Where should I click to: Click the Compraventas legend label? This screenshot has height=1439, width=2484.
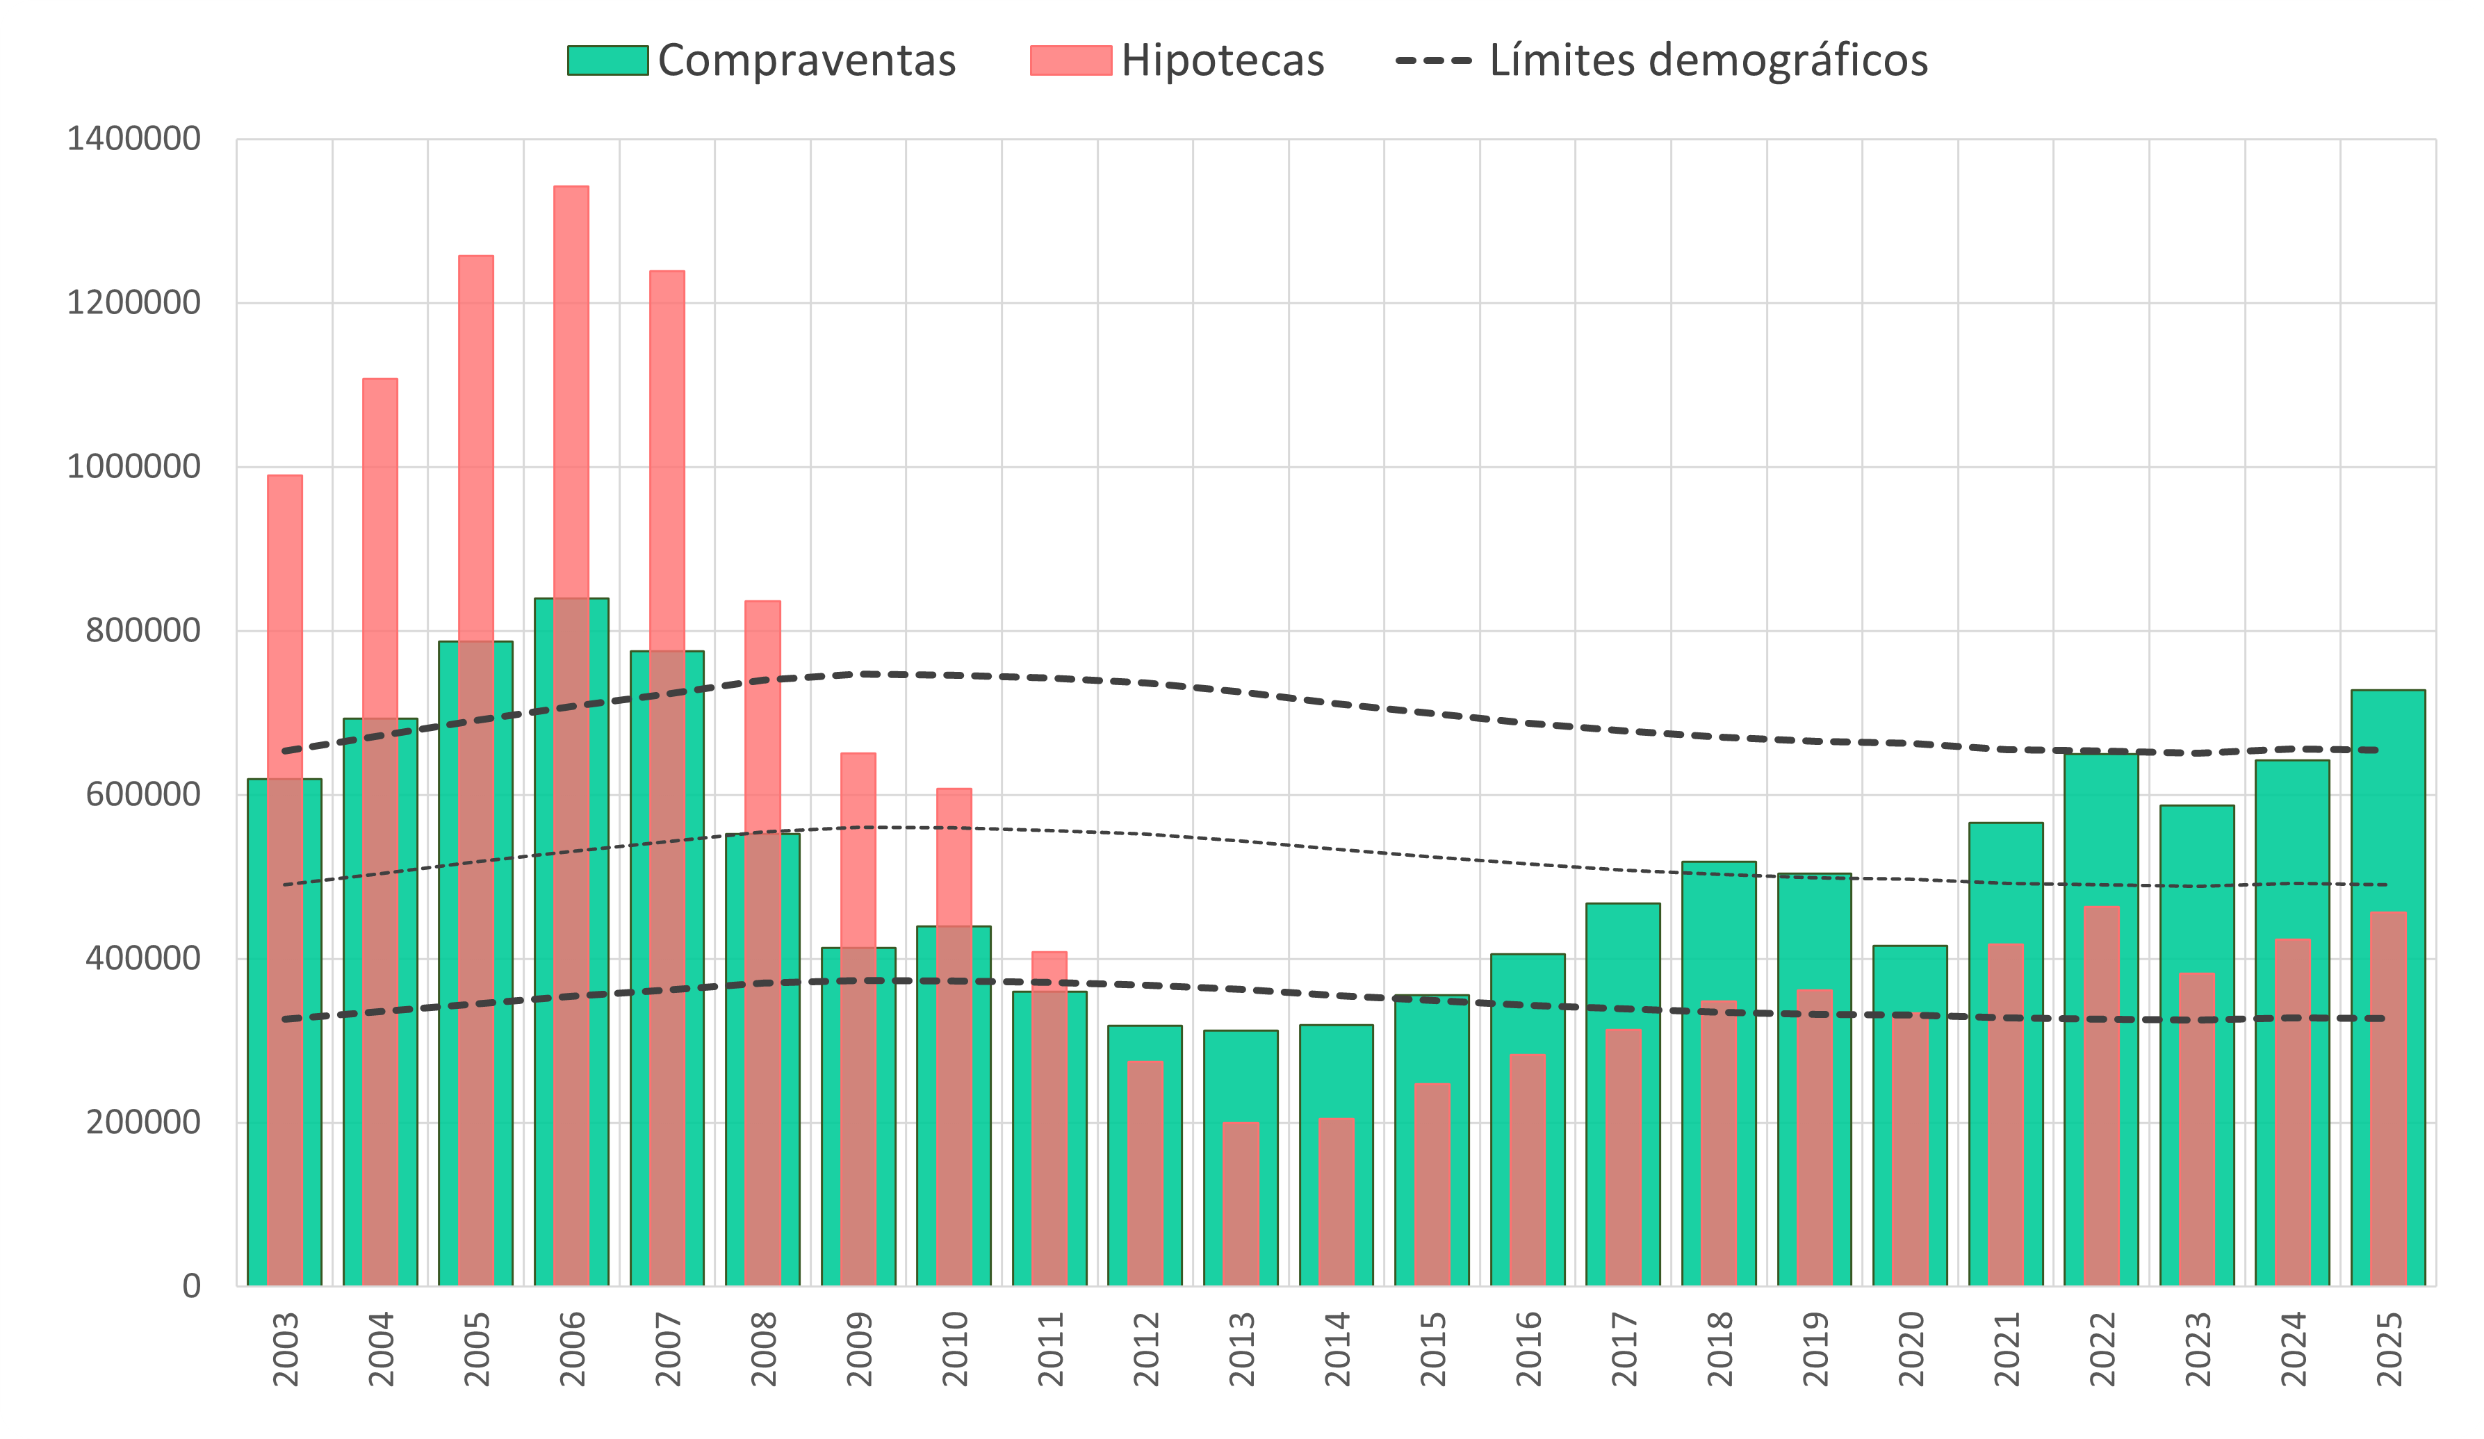[x=806, y=61]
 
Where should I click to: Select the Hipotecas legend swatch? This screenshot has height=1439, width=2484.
[x=1070, y=61]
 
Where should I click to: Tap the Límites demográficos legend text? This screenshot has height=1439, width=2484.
[x=1707, y=61]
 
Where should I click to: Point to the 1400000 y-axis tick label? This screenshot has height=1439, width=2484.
[x=134, y=139]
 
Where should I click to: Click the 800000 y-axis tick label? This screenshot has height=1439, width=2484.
[x=143, y=630]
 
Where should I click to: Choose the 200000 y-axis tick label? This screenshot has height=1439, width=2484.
[x=143, y=1121]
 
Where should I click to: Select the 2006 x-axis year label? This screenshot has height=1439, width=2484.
[x=572, y=1348]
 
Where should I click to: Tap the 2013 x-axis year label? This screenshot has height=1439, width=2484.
[x=1241, y=1348]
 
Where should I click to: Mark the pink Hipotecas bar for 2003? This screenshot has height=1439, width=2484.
[x=285, y=631]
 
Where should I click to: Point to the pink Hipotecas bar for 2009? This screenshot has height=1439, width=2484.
[x=858, y=848]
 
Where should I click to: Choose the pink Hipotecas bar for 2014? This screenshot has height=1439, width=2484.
[x=1337, y=1203]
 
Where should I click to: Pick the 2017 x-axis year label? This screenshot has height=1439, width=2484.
[x=1624, y=1348]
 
